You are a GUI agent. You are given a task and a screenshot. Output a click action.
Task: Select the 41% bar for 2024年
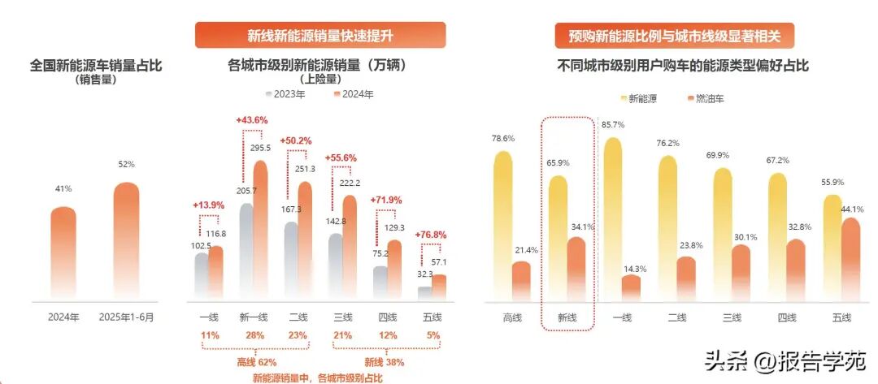tap(63, 252)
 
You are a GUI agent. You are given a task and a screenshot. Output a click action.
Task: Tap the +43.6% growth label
tap(252, 120)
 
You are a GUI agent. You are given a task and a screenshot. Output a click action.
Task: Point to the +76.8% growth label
tap(431, 235)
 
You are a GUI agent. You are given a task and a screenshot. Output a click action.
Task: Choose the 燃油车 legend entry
tap(705, 98)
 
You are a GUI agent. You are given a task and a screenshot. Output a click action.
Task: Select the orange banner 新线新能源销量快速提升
tap(320, 35)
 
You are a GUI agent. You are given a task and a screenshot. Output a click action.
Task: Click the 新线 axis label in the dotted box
tap(567, 317)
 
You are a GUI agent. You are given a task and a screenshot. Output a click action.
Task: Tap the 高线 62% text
tap(258, 362)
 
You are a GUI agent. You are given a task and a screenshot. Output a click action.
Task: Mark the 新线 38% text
tap(384, 362)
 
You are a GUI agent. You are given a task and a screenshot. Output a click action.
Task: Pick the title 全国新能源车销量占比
tap(96, 66)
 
